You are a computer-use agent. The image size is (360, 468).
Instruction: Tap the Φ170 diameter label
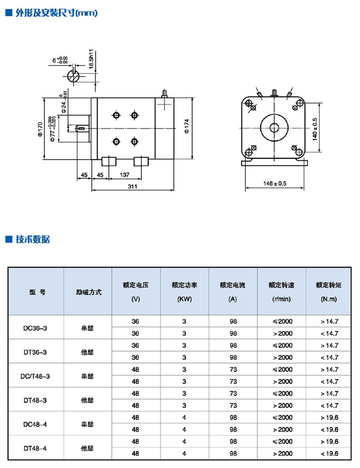click(x=39, y=128)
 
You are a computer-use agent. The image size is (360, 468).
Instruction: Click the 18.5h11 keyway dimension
click(x=91, y=60)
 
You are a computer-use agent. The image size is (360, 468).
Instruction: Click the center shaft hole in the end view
click(x=275, y=127)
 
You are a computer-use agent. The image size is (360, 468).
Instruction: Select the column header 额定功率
click(x=184, y=285)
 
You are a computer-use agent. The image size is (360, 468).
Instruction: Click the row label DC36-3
click(x=36, y=328)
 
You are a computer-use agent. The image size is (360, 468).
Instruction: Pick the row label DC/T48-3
click(x=36, y=376)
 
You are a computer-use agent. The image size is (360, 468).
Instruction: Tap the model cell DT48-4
click(x=36, y=448)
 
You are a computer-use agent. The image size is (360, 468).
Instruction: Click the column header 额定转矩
click(x=328, y=285)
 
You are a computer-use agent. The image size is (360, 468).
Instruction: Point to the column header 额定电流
click(x=233, y=285)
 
